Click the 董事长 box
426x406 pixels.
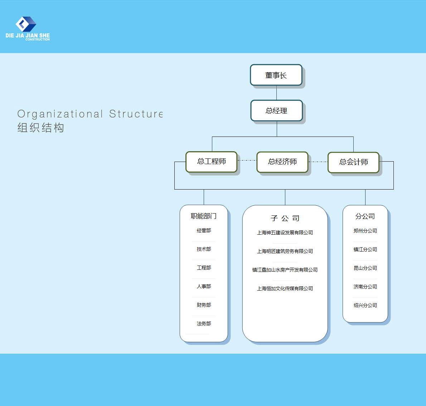[276, 75]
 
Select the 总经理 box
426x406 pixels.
[277, 111]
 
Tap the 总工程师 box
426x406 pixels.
[211, 162]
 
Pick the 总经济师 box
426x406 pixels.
[282, 162]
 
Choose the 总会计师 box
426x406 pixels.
[353, 162]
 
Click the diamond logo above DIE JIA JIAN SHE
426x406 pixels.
[26, 24]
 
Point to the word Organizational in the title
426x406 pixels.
[60, 114]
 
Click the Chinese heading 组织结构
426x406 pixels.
[41, 128]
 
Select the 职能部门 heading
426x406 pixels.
[203, 216]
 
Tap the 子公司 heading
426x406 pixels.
[285, 218]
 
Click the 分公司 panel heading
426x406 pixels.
[365, 216]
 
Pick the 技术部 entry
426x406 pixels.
[204, 249]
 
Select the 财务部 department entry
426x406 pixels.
[204, 305]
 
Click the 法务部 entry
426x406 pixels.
[204, 324]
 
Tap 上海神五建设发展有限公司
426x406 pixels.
[285, 233]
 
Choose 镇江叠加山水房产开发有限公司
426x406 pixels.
[285, 270]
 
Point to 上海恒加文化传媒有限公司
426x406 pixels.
[285, 288]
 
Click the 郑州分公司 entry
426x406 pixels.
[365, 231]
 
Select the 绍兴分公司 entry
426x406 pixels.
[365, 305]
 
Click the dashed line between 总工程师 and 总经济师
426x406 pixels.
[247, 161]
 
